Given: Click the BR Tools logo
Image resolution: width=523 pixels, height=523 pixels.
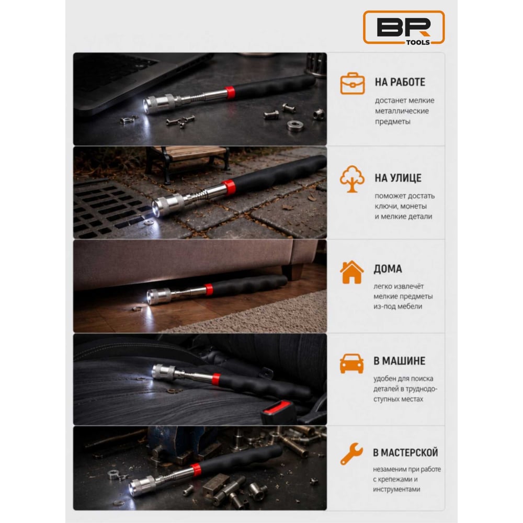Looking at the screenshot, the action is (404, 27).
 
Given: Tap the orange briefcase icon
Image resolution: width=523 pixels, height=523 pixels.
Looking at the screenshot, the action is (352, 83).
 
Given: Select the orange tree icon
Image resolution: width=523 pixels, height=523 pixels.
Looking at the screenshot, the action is (352, 179).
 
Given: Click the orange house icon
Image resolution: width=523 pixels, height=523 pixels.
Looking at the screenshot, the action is (352, 272).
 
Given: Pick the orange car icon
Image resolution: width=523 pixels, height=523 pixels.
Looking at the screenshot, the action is (351, 363).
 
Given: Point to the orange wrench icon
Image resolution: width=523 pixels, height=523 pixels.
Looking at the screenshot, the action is (351, 453).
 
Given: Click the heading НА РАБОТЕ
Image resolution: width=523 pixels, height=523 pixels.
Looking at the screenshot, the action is (400, 82).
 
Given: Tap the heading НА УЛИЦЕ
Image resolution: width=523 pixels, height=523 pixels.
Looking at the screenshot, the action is (398, 178).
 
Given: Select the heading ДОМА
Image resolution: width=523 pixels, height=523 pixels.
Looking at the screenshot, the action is (388, 269).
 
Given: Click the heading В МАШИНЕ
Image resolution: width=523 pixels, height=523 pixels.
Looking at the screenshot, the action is (399, 361).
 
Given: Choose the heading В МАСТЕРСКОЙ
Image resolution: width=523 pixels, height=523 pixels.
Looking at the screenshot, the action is (405, 452).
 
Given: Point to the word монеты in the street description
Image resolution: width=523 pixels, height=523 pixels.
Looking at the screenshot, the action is (414, 206).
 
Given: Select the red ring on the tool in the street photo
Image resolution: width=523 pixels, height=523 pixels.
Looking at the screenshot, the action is (229, 187).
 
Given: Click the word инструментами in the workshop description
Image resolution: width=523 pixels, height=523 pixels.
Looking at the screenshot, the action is (396, 490).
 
